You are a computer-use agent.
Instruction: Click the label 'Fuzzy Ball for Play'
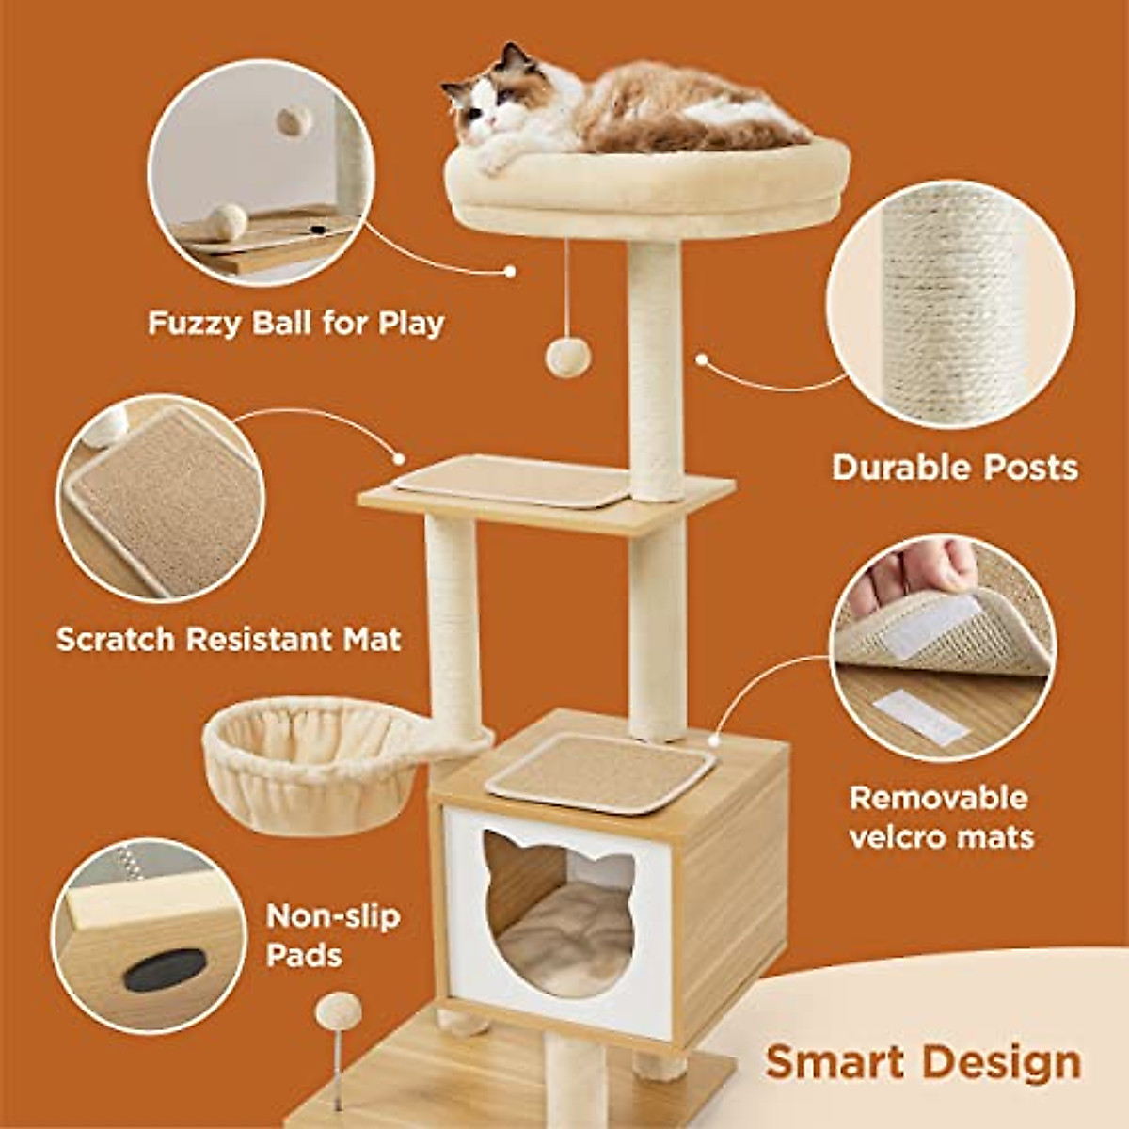click(295, 324)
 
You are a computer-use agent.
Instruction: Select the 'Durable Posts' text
click(954, 468)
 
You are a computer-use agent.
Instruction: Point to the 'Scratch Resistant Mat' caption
click(229, 640)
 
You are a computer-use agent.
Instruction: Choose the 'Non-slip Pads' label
click(332, 935)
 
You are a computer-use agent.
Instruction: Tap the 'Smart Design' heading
click(922, 1062)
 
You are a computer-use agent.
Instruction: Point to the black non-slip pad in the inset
click(165, 969)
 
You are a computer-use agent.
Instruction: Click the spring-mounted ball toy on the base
click(337, 1011)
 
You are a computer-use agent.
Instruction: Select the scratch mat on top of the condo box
click(602, 771)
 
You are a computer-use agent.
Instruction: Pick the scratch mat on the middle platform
click(513, 481)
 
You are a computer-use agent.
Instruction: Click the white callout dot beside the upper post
click(701, 358)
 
